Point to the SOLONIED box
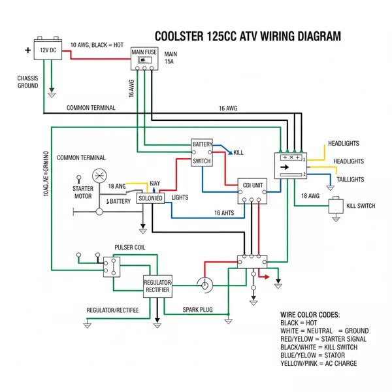coord(150,198)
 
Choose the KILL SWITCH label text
coord(360,206)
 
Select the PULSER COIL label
coord(129,248)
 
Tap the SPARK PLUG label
coord(197,309)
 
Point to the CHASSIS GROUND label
coord(27,82)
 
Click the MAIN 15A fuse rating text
coord(171,58)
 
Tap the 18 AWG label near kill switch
coord(310,196)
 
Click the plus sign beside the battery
coord(28,50)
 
